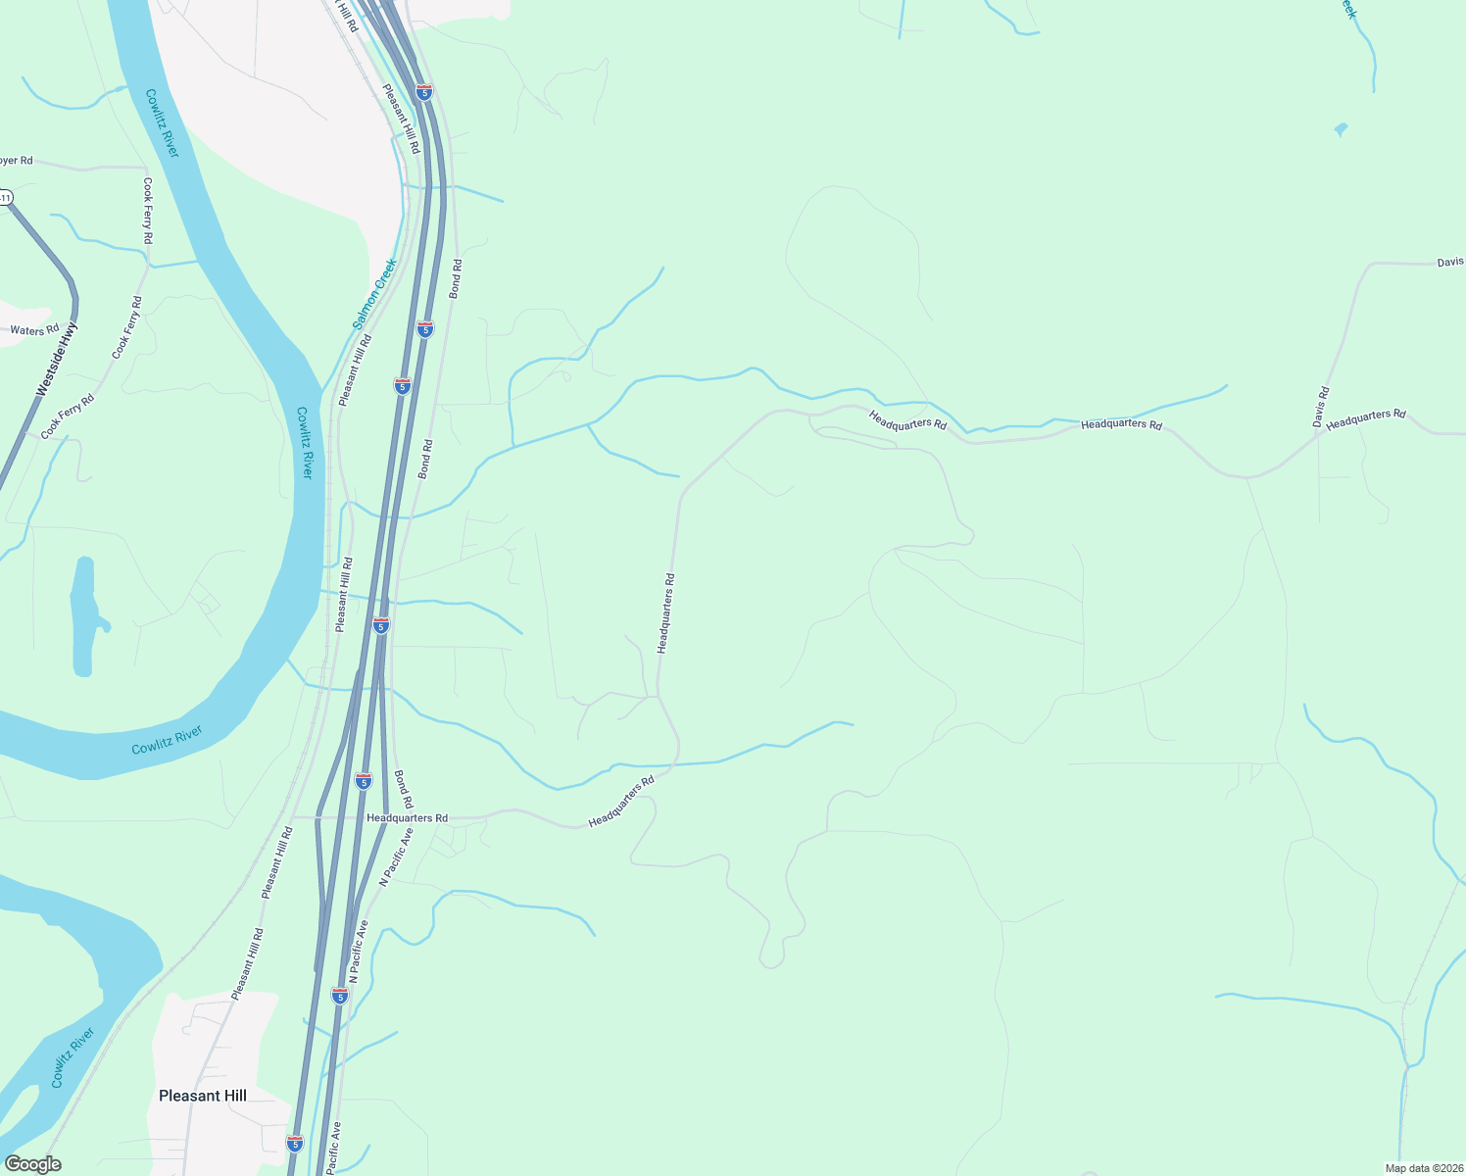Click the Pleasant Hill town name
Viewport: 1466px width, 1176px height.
click(x=203, y=1096)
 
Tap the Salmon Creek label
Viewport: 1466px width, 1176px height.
click(x=374, y=293)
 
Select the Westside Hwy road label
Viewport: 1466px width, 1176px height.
click(x=56, y=361)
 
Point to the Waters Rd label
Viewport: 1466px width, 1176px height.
click(x=34, y=330)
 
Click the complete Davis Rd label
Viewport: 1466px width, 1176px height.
click(x=1321, y=407)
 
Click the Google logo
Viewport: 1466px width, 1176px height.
click(x=32, y=1164)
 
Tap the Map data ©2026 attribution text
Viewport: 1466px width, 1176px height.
click(x=1423, y=1168)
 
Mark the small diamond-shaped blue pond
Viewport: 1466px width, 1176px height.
click(x=1341, y=128)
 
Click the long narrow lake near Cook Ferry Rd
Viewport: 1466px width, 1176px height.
click(x=84, y=615)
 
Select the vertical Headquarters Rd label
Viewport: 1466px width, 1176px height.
click(x=666, y=613)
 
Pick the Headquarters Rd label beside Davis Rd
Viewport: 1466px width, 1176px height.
click(x=1365, y=419)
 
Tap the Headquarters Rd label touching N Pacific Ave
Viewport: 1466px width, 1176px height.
click(x=407, y=817)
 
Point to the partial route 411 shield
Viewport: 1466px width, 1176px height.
click(x=5, y=197)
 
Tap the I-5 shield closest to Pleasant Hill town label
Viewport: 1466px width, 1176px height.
click(x=295, y=1143)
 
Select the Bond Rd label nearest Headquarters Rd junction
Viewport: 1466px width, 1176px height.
click(x=403, y=790)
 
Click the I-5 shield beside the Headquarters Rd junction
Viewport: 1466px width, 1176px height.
click(x=364, y=780)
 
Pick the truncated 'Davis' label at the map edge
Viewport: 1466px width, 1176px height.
click(x=1449, y=262)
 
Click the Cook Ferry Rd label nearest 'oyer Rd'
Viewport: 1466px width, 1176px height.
click(x=148, y=211)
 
